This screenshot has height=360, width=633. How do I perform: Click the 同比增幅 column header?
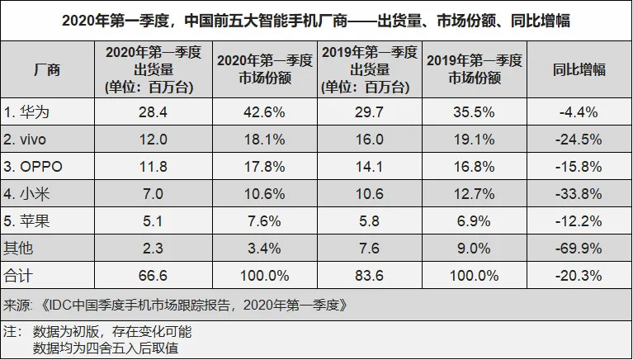579,69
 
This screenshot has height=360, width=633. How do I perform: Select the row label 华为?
26,112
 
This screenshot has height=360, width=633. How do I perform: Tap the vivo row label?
25,140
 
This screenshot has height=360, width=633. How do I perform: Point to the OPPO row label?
33,167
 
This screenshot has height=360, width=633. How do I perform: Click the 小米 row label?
26,194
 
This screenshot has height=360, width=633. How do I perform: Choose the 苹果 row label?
26,221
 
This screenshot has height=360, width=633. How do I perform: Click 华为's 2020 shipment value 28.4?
153,112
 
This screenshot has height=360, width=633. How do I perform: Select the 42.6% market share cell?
264,112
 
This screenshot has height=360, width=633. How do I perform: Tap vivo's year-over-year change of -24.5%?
579,140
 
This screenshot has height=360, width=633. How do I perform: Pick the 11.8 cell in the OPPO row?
153,167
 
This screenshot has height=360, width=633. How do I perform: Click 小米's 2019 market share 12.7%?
474,194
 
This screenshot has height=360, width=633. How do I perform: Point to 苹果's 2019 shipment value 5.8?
370,221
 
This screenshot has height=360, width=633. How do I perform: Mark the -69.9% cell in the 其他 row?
579,249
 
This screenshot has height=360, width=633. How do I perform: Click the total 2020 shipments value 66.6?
153,276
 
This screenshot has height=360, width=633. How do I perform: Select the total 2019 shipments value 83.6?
370,276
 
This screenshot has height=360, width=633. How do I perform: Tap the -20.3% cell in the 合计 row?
579,276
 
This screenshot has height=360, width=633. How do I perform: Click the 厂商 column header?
47,69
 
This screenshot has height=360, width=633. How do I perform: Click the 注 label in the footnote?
10,331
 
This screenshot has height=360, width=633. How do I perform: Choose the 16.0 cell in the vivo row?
370,140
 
